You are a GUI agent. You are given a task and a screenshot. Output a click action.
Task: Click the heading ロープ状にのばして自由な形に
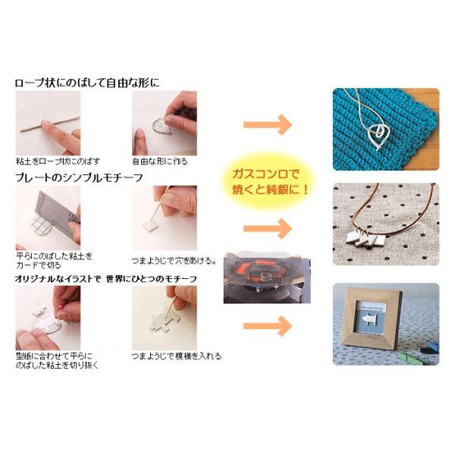coord(88,82)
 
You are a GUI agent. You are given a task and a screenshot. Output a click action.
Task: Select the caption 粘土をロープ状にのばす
coord(58,162)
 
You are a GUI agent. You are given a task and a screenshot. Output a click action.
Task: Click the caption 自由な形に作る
coord(160,162)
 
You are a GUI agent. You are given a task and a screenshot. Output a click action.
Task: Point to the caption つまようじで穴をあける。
coord(171,258)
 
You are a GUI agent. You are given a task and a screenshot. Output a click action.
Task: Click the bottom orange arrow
coord(268,327)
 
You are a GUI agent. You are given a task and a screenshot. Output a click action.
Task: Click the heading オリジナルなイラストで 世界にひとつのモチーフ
coord(105,278)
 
